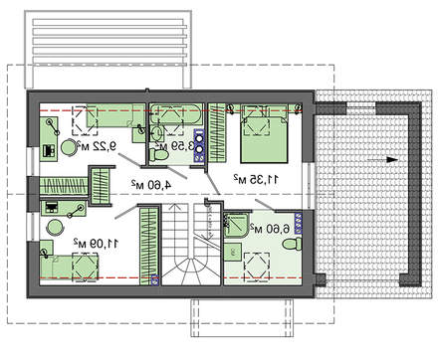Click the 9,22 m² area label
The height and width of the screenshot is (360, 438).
pyautogui.click(x=97, y=145)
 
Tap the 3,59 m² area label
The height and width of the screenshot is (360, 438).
pyautogui.click(x=176, y=146)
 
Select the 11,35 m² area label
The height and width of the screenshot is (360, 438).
pyautogui.click(x=256, y=179)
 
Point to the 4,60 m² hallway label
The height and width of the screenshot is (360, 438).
pyautogui.click(x=151, y=184)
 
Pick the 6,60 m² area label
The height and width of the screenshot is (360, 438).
pyautogui.click(x=270, y=229)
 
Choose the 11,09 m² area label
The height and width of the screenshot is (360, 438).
pyautogui.click(x=96, y=244)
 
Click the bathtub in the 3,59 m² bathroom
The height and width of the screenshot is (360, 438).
pyautogui.click(x=175, y=114)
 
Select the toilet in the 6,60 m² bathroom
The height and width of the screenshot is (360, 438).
pyautogui.click(x=292, y=245)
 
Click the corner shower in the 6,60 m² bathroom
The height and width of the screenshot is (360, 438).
pyautogui.click(x=236, y=226)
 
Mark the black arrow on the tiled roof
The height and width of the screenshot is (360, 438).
pyautogui.click(x=382, y=160)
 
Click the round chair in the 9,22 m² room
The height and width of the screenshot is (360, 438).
pyautogui.click(x=69, y=147)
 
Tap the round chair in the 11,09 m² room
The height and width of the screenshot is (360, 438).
pyautogui.click(x=54, y=228)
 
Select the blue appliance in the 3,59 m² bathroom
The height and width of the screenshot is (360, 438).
pyautogui.click(x=199, y=145)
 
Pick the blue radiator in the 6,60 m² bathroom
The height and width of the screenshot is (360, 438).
pyautogui.click(x=299, y=224)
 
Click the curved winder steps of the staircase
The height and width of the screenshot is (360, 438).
pyautogui.click(x=191, y=270)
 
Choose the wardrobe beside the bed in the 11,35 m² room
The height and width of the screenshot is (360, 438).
pyautogui.click(x=217, y=132)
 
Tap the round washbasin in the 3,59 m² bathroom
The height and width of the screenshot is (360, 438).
pyautogui.click(x=157, y=133)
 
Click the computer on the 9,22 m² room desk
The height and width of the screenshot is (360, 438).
pyautogui.click(x=49, y=151)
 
